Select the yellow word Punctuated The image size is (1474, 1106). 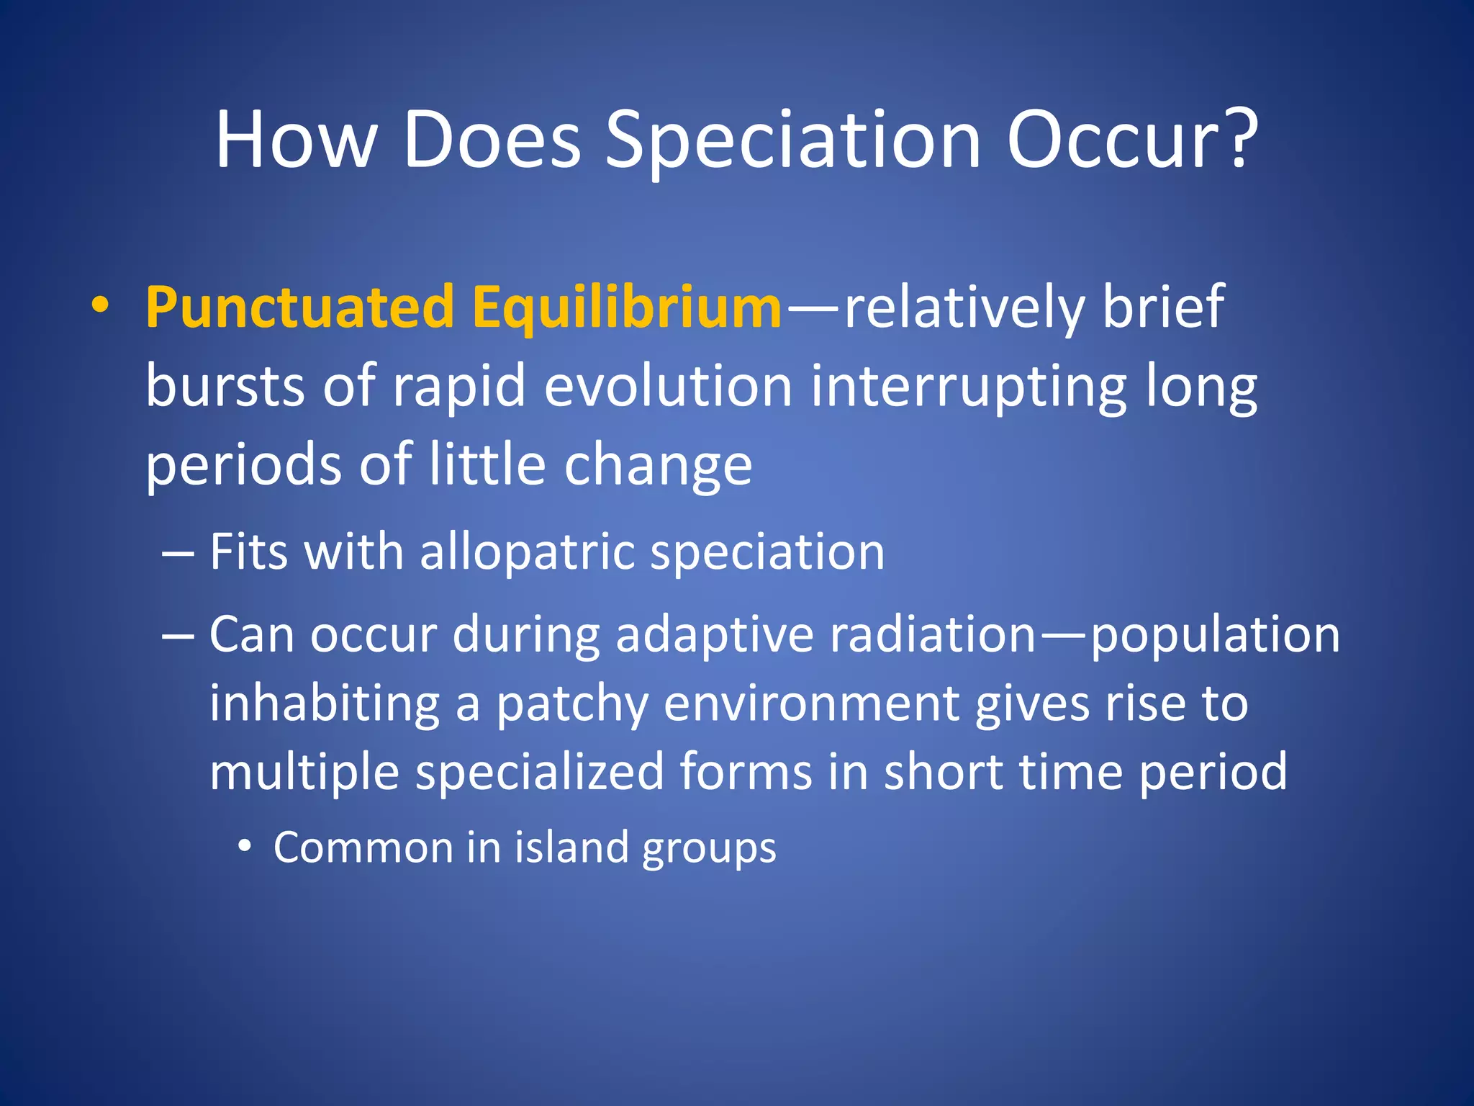pos(299,307)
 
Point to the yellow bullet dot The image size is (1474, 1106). pos(100,305)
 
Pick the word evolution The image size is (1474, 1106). pos(668,386)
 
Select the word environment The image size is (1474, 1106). pos(811,703)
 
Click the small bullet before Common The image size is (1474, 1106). pos(245,848)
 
